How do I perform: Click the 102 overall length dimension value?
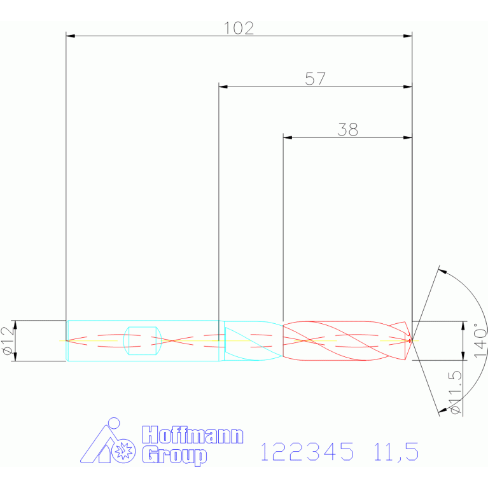[x=239, y=28]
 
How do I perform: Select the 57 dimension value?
[x=316, y=79]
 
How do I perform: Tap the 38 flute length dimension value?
[x=347, y=129]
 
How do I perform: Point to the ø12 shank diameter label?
[x=8, y=340]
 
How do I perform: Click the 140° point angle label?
[x=480, y=340]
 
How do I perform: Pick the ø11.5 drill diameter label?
[x=455, y=393]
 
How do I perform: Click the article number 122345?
[x=307, y=452]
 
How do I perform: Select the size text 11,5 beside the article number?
[x=396, y=452]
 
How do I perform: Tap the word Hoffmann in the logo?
[x=193, y=435]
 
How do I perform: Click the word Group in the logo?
[x=174, y=456]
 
